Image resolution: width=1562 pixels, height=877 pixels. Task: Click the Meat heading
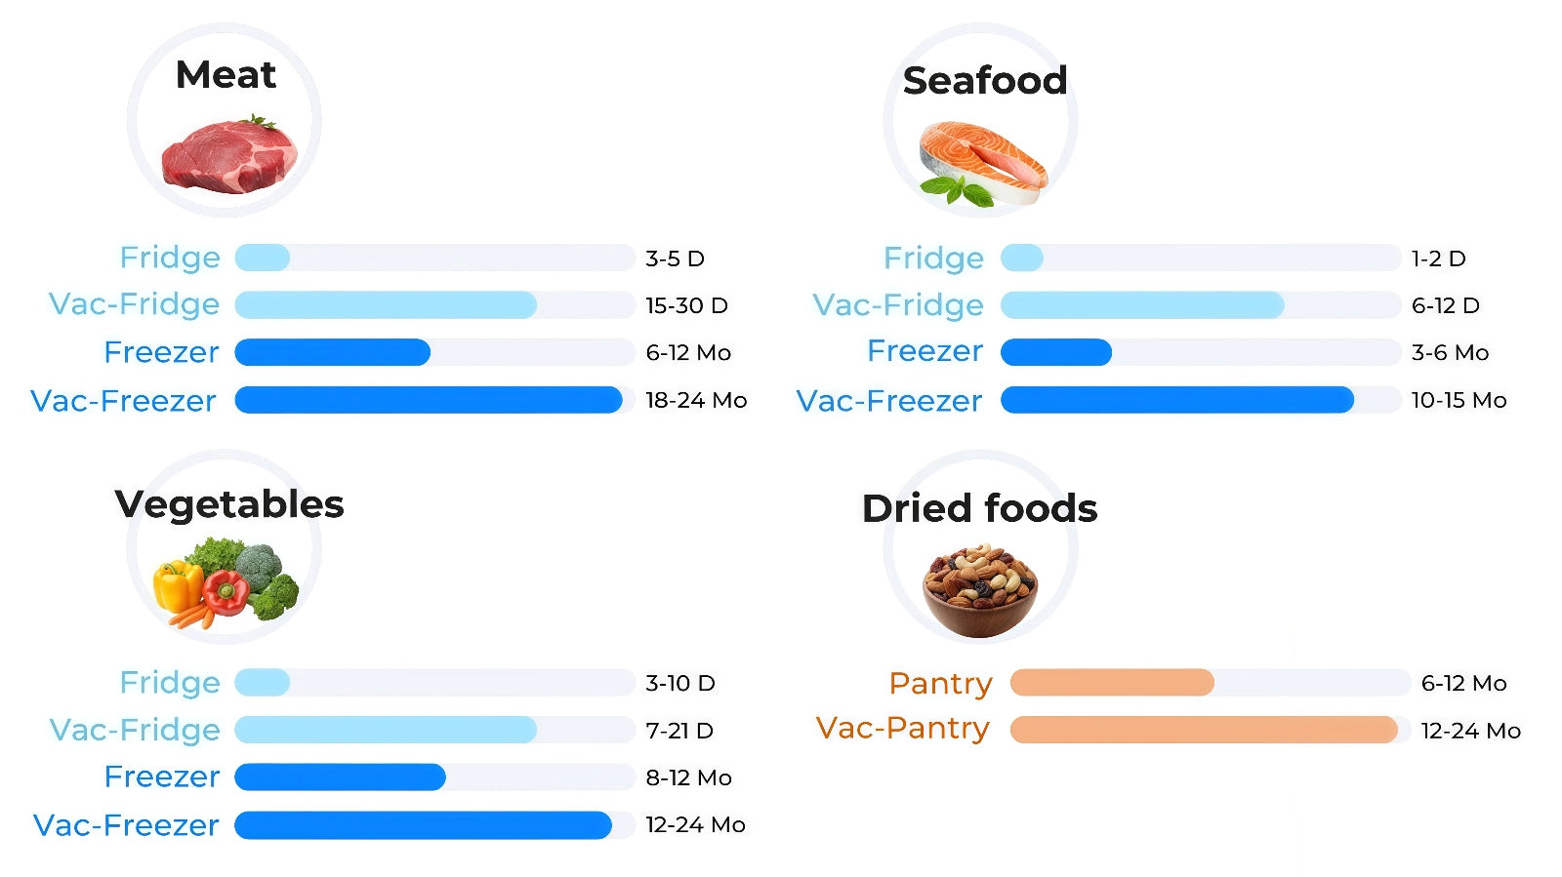pos(226,75)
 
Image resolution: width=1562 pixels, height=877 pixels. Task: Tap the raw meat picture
pos(229,155)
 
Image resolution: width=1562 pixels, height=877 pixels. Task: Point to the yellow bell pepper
pos(178,585)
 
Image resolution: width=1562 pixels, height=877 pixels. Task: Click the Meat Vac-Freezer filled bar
pos(428,400)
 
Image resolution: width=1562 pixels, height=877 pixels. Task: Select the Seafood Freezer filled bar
pos(1055,352)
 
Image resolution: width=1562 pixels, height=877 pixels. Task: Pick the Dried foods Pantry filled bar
pos(1111,683)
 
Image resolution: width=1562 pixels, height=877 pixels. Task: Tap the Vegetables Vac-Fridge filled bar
pos(386,730)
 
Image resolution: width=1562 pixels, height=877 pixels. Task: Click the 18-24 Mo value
pos(696,400)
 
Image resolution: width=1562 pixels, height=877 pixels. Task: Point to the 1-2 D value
pos(1438,259)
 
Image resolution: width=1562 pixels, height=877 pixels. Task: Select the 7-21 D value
pos(679,731)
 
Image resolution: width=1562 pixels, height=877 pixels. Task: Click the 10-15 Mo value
pos(1459,400)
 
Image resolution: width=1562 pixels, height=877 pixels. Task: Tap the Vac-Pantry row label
pos(903,729)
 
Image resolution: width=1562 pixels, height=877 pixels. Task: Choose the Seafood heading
pos(984,81)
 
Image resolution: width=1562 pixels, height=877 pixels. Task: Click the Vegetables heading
pos(229,504)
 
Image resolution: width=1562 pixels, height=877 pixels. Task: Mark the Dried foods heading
pos(979,508)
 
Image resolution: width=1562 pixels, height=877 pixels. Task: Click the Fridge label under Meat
pos(170,258)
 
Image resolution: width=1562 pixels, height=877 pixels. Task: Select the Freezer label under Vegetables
pos(162,777)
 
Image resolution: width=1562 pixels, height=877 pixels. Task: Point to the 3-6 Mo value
pos(1450,353)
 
